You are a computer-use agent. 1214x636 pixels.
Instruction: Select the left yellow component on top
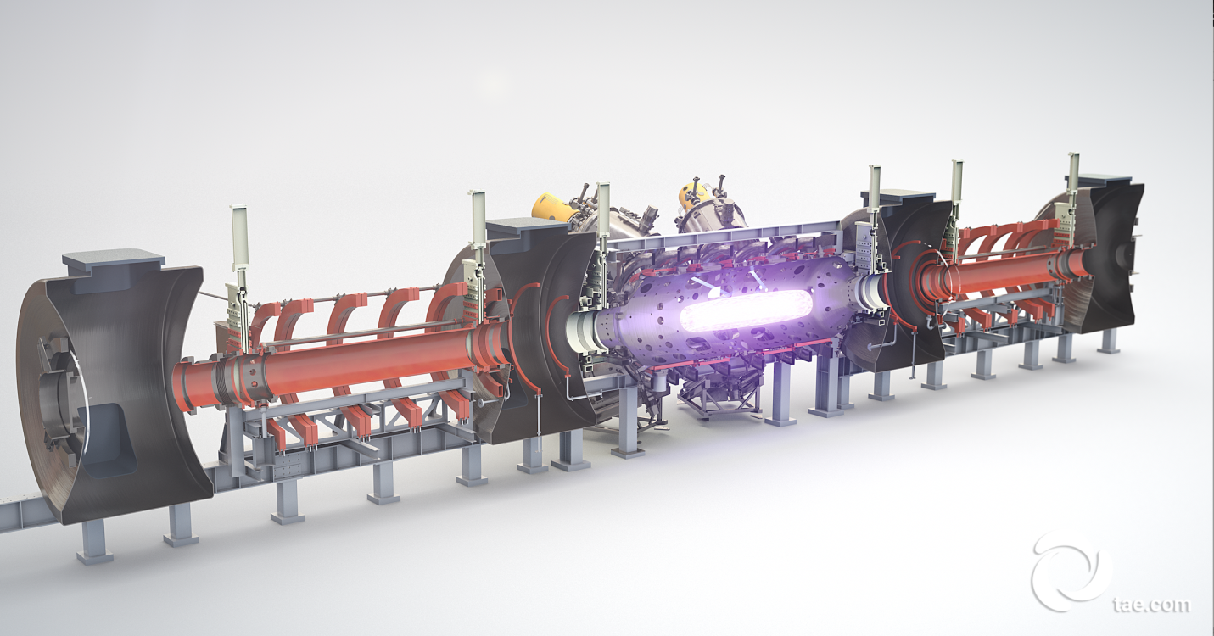[x=553, y=208]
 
